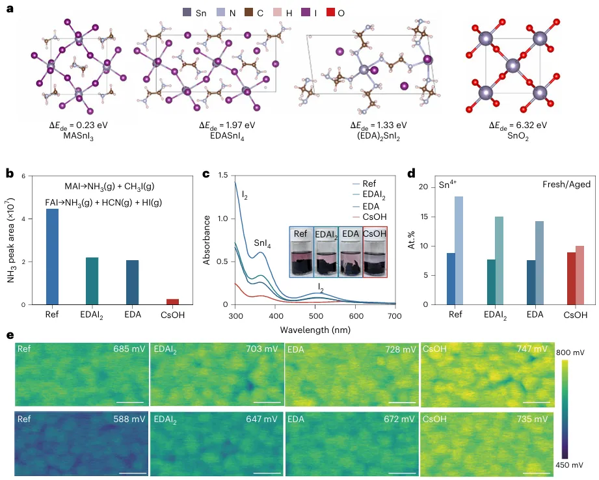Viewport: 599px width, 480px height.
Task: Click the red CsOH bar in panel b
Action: [172, 302]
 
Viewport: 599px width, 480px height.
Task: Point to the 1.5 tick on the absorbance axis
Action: [223, 176]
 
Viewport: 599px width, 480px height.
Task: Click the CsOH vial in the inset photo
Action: [373, 253]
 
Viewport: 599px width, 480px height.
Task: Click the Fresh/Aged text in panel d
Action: [561, 185]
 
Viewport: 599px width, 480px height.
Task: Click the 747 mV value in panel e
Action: [531, 349]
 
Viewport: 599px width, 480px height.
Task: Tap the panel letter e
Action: [9, 336]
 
